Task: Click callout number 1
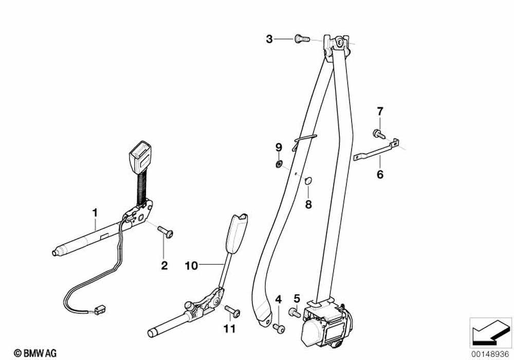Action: click(95, 212)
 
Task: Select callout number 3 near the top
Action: click(269, 38)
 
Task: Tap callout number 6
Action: click(380, 175)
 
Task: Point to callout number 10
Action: click(191, 266)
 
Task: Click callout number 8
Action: click(308, 205)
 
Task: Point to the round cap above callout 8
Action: click(308, 180)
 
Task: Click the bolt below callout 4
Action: click(278, 327)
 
